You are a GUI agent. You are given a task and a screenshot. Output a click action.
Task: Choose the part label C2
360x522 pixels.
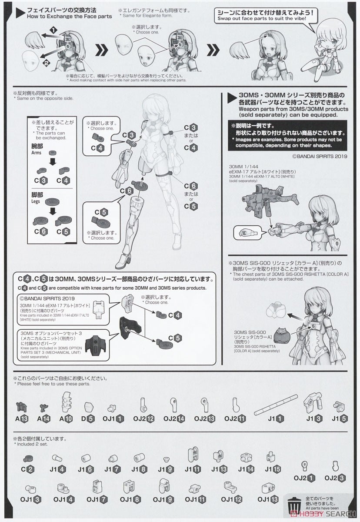27,469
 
